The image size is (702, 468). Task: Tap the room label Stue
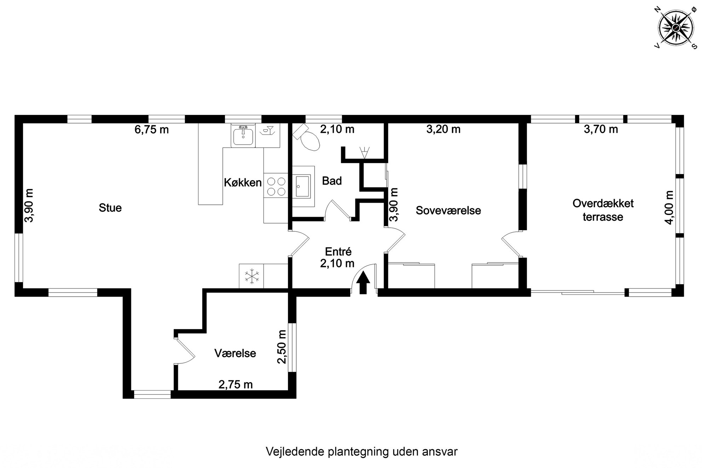click(x=110, y=208)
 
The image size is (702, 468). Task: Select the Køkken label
click(x=243, y=183)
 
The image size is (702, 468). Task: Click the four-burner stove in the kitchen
click(x=276, y=187)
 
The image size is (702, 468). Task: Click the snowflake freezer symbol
click(x=251, y=276)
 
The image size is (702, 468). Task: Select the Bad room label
click(x=332, y=181)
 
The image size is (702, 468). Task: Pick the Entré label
click(x=338, y=252)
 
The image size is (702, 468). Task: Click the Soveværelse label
click(x=448, y=210)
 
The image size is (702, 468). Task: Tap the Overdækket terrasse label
click(x=603, y=210)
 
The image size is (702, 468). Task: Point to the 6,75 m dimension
click(x=151, y=129)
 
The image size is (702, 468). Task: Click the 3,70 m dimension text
click(x=601, y=129)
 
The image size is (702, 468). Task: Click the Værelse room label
click(x=235, y=353)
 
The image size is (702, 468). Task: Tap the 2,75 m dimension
click(x=236, y=384)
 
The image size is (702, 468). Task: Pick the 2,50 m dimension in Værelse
click(x=282, y=347)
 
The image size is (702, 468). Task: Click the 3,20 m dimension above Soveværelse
click(x=443, y=129)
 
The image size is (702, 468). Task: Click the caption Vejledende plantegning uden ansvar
click(x=362, y=451)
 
